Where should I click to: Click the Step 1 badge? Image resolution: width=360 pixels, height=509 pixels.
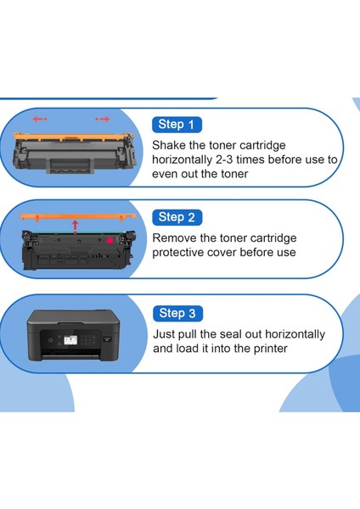click(176, 125)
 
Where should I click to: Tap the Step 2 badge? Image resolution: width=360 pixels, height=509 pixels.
click(177, 217)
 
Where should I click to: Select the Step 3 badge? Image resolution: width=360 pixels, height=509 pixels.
click(177, 313)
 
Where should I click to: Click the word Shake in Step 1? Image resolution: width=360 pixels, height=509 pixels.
click(171, 144)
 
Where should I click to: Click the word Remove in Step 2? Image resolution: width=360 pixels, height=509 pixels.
click(176, 238)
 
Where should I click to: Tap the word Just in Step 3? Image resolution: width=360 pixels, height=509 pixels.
click(166, 334)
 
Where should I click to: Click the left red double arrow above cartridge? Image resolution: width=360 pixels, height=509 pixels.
click(40, 120)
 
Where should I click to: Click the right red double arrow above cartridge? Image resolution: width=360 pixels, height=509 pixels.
click(104, 120)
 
